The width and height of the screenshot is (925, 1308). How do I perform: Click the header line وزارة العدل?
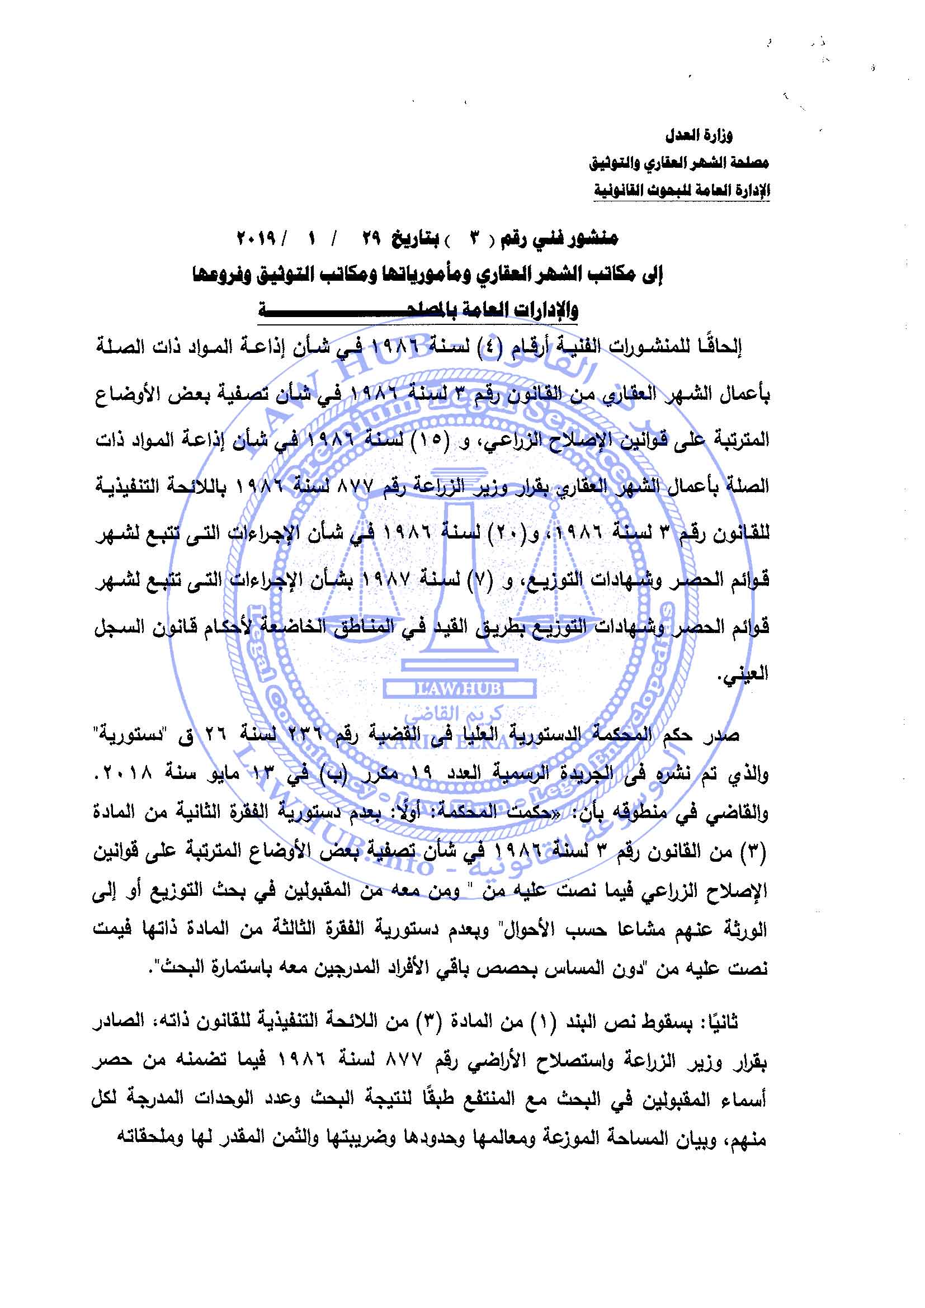(x=699, y=135)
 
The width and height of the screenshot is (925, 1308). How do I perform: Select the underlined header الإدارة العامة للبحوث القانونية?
(x=682, y=190)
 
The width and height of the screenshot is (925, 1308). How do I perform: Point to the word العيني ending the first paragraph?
(x=746, y=673)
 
